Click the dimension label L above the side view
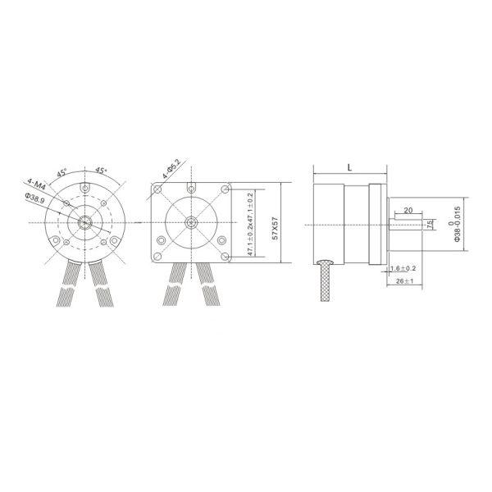350,167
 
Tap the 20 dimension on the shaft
408,210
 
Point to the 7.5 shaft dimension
430,224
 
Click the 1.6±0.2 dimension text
403,268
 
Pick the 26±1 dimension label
404,281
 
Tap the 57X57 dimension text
276,228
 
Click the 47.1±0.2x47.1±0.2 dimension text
250,224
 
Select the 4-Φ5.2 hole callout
171,169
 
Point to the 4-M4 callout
36,184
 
